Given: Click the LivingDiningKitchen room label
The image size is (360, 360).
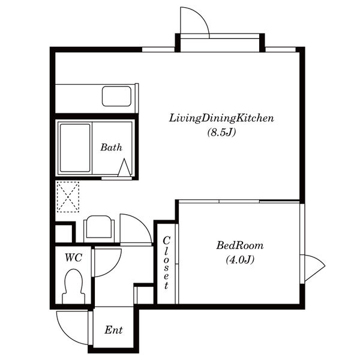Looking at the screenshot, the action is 221,118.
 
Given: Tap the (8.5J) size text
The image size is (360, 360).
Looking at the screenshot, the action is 221,133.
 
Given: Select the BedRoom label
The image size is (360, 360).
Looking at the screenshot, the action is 240,245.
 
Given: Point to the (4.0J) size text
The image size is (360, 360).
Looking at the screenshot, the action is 240,260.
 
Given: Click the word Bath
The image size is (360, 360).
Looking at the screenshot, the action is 112,148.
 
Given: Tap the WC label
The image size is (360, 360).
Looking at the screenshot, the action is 73,257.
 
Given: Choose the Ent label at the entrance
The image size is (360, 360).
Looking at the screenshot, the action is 113,330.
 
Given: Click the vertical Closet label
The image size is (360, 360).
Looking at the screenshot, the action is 166,263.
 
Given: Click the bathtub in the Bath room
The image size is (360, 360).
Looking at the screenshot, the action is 75,148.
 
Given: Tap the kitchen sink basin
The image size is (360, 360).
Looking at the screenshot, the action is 116,96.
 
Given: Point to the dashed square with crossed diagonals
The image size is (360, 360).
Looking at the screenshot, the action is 68,197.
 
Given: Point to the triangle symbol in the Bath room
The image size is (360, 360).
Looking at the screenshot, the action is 124,167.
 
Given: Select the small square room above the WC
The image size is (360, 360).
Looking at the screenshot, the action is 64,234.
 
